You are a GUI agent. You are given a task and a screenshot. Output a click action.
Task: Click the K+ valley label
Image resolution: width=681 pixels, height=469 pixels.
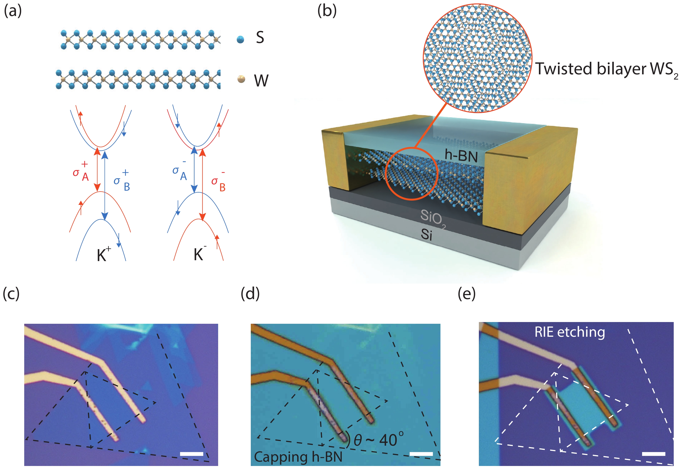pyautogui.click(x=104, y=254)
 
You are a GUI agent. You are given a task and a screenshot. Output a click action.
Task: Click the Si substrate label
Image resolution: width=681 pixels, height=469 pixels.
pyautogui.click(x=427, y=234)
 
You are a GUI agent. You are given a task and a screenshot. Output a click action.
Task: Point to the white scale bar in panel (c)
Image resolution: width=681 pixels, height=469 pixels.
pyautogui.click(x=191, y=454)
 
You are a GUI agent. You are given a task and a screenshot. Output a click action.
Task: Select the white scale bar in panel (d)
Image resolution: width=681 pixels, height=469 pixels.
pyautogui.click(x=421, y=454)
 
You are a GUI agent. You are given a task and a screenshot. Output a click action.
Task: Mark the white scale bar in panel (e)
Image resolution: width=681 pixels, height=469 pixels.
pyautogui.click(x=653, y=454)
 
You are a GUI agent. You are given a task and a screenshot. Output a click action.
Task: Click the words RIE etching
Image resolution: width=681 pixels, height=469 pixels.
pyautogui.click(x=569, y=332)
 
